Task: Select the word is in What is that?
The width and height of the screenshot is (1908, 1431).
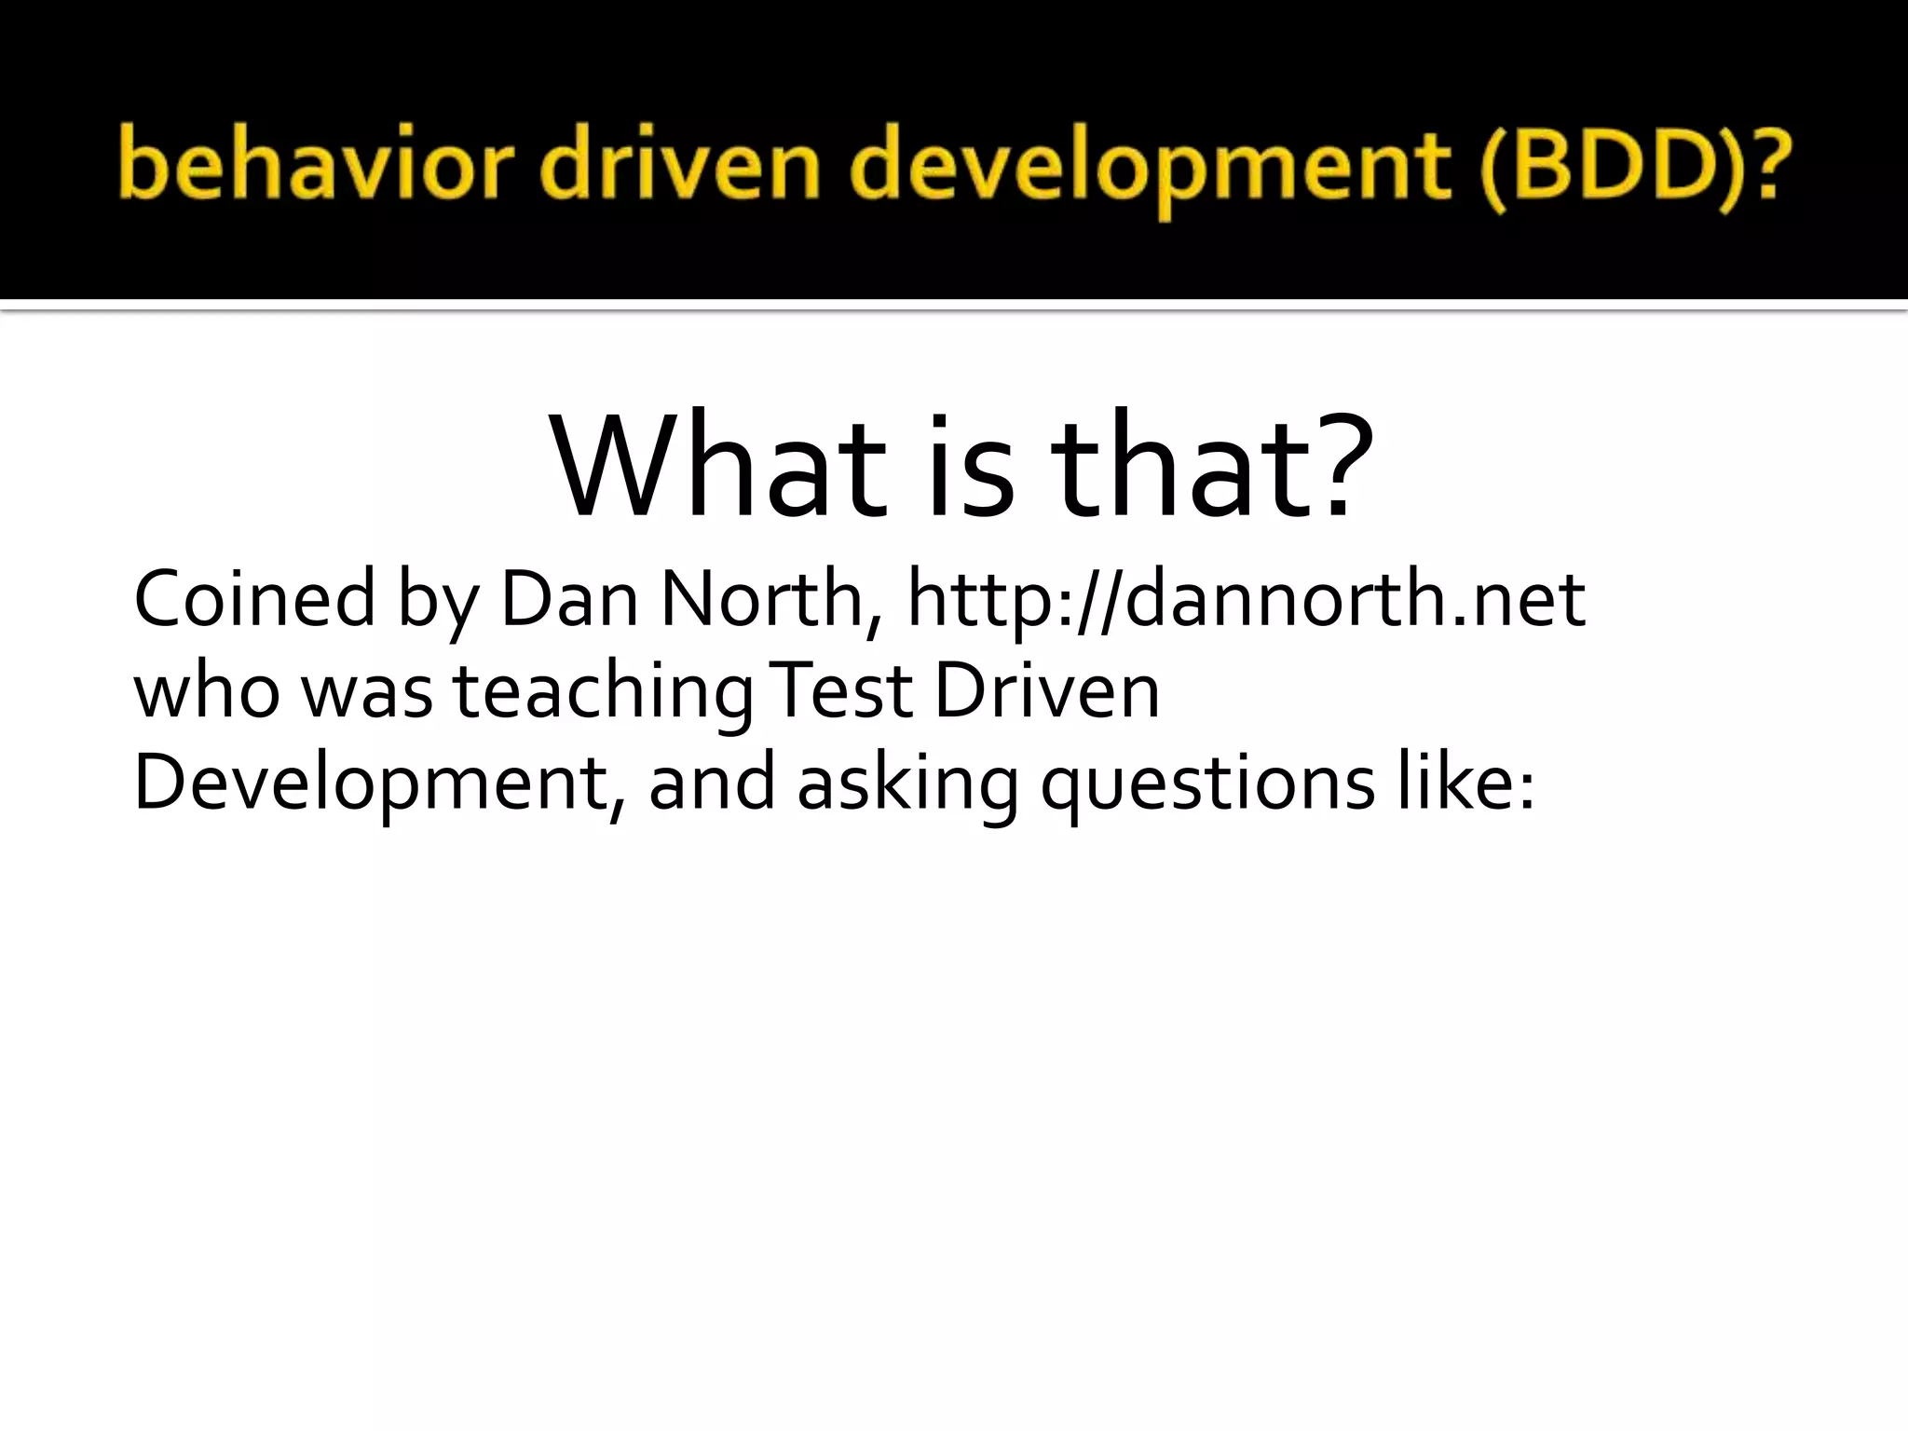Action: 969,466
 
